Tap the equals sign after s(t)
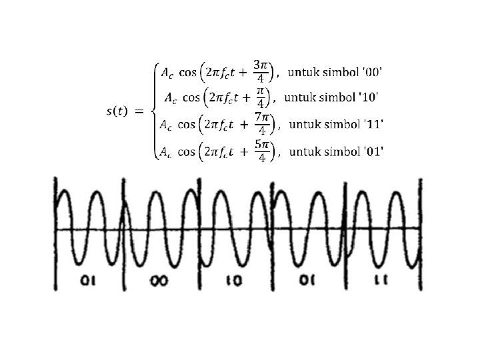[x=139, y=111]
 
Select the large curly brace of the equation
[x=153, y=111]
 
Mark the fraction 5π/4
[x=261, y=151]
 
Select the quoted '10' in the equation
[x=369, y=97]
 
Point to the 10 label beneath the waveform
[x=233, y=280]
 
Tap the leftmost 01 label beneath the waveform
[x=87, y=280]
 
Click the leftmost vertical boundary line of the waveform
[x=56, y=233]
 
